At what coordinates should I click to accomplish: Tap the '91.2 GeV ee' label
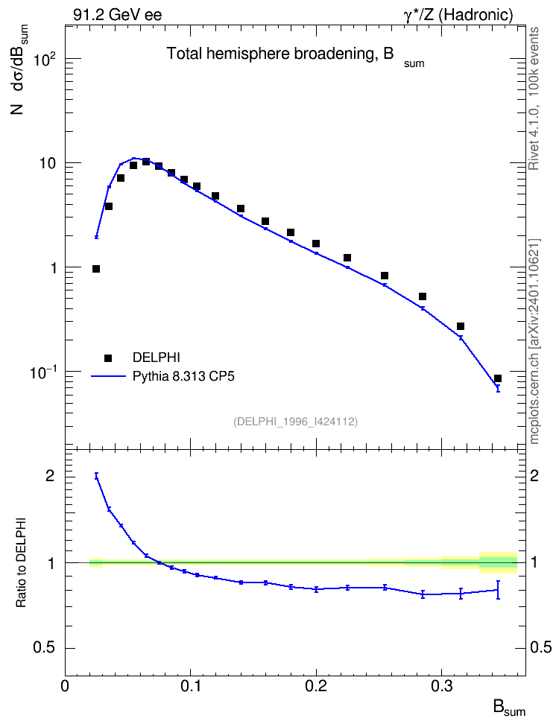click(118, 15)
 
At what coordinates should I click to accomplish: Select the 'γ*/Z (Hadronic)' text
click(458, 15)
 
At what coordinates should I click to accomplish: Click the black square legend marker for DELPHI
click(108, 358)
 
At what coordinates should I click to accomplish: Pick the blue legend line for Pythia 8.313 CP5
click(108, 376)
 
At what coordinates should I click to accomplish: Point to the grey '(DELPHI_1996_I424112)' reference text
click(296, 421)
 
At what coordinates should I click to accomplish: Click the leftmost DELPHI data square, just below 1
click(96, 269)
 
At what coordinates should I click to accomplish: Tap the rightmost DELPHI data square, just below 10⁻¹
click(498, 378)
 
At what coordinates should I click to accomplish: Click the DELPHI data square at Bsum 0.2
click(316, 244)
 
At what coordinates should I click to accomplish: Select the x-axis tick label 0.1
click(190, 686)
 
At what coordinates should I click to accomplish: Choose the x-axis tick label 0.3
click(442, 686)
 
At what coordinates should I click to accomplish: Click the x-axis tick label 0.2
click(316, 686)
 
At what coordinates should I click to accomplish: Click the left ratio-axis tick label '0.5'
click(44, 648)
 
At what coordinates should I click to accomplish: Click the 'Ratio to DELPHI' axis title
click(22, 562)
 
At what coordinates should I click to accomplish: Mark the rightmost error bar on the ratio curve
click(498, 590)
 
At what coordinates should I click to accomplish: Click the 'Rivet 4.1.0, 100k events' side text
click(534, 98)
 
